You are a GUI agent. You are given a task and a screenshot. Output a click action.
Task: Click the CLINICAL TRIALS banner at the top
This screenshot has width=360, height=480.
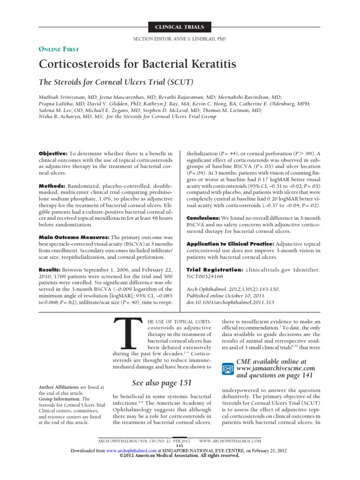click(x=180, y=27)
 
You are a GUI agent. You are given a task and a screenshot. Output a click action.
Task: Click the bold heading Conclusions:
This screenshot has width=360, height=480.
click(x=203, y=218)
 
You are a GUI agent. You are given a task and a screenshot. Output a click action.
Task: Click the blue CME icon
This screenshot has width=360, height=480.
click(x=227, y=368)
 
